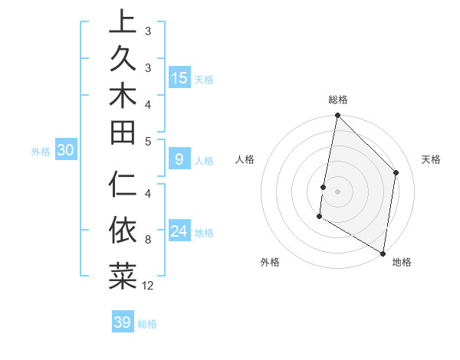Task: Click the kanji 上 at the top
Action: [x=122, y=23]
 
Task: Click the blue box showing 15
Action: [x=179, y=77]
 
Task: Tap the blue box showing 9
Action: [x=179, y=160]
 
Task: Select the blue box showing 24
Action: [x=179, y=231]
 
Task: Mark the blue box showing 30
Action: [x=66, y=151]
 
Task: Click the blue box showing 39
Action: [x=122, y=322]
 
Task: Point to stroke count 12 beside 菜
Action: [x=148, y=286]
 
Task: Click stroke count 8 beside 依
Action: [x=148, y=240]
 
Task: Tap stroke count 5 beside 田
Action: [x=148, y=141]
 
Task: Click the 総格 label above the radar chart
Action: [x=338, y=100]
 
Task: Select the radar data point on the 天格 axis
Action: [x=396, y=172]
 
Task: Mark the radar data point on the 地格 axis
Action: [x=383, y=253]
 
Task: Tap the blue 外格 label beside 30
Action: [x=41, y=152]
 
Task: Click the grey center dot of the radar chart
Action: [x=338, y=191]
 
